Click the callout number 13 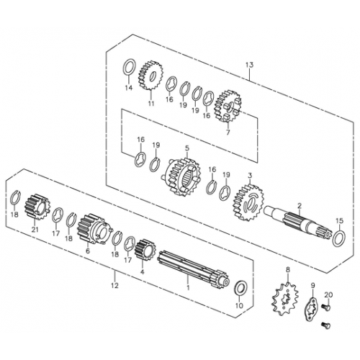pyautogui.click(x=248, y=64)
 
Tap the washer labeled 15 pyautogui.click(x=339, y=235)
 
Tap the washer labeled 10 pyautogui.click(x=240, y=289)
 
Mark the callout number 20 pyautogui.click(x=328, y=295)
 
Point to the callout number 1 pyautogui.click(x=189, y=287)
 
